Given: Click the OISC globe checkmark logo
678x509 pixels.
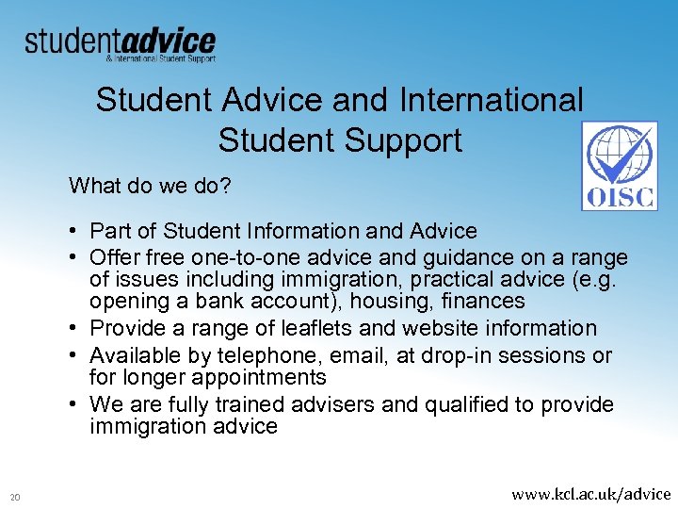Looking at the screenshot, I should click(620, 166).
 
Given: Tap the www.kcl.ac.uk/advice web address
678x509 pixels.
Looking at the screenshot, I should click(590, 493).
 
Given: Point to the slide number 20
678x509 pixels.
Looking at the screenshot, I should click(15, 497).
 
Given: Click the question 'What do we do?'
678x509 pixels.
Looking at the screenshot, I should click(149, 186).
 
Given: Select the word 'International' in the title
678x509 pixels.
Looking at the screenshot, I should click(492, 99).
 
